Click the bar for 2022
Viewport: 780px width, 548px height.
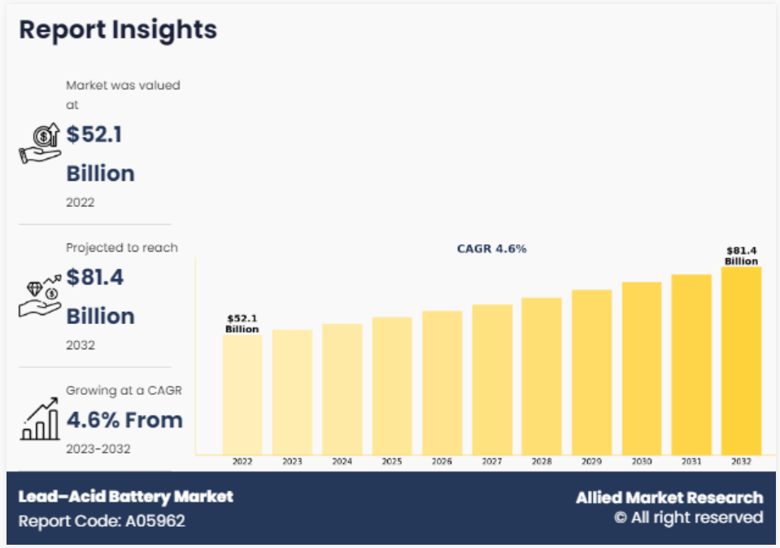click(242, 394)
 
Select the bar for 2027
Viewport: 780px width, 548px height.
click(492, 379)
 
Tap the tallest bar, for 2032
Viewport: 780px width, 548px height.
click(741, 361)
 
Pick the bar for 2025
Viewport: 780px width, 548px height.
click(392, 386)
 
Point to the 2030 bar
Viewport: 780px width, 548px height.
click(642, 368)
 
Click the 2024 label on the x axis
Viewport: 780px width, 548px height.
click(342, 462)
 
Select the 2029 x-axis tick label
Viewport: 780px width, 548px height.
click(591, 462)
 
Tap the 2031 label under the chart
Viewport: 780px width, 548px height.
click(691, 462)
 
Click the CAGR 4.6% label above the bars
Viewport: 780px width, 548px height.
click(491, 248)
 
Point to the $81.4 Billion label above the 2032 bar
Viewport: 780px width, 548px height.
click(741, 256)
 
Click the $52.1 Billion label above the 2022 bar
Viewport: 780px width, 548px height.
click(242, 324)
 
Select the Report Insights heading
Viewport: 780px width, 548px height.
click(118, 30)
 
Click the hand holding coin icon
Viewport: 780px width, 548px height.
click(39, 143)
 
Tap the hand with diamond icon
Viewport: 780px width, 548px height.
click(39, 296)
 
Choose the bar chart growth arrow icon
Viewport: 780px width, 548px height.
click(39, 420)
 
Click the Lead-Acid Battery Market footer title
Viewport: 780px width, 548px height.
click(125, 496)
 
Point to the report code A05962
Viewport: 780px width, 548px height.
click(102, 520)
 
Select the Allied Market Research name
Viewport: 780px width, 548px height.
click(669, 498)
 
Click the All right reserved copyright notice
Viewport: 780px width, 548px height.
click(688, 518)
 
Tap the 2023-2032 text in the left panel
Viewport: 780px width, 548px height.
click(98, 449)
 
